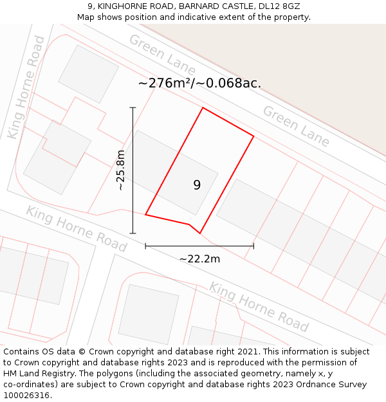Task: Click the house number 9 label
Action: pos(197,185)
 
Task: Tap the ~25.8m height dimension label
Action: pos(120,170)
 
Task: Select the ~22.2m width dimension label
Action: pos(199,259)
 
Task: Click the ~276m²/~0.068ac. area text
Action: pos(199,83)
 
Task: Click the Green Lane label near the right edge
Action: pos(296,126)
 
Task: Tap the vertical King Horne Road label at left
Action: pos(26,87)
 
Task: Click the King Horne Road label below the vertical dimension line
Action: pos(76,228)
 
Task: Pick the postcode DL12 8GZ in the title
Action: pos(276,6)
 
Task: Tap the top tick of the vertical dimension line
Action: pos(133,107)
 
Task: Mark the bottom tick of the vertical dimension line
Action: pos(133,233)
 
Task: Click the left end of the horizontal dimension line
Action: pos(146,246)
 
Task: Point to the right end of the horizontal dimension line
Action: pos(253,246)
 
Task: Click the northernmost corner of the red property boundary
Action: pos(203,107)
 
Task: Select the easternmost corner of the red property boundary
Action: pos(253,136)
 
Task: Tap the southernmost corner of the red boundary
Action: pos(200,233)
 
